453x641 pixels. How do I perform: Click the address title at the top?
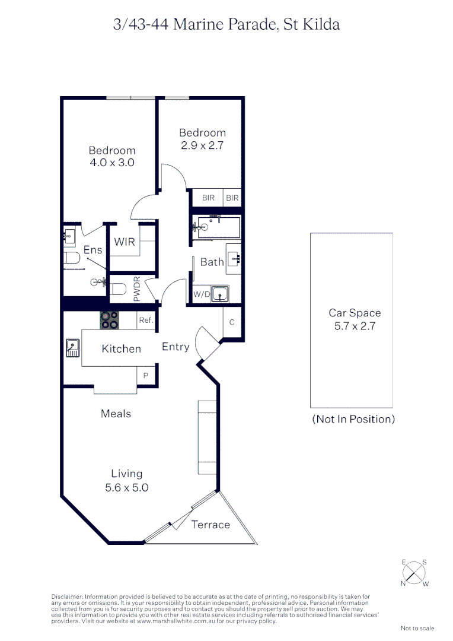226,24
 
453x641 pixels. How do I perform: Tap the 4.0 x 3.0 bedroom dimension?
112,162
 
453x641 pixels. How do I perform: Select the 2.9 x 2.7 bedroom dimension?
202,145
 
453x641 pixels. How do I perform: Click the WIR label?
125,242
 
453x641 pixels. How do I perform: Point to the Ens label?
92,250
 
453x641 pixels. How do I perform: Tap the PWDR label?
136,289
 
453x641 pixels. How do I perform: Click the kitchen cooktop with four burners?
109,320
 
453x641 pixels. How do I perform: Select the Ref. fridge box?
146,320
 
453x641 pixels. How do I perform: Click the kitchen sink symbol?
73,347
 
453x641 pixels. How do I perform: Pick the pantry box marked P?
146,375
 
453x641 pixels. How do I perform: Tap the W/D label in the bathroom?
201,294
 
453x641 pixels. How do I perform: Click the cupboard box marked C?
232,323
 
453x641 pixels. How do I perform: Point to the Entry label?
176,347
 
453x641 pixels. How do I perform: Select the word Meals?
116,414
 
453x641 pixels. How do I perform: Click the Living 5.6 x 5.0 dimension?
127,488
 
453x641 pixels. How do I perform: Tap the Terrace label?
210,524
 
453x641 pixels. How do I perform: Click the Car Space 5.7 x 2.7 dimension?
355,325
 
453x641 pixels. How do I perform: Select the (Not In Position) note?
353,419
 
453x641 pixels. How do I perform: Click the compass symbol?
414,573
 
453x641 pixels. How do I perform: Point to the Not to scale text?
417,629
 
